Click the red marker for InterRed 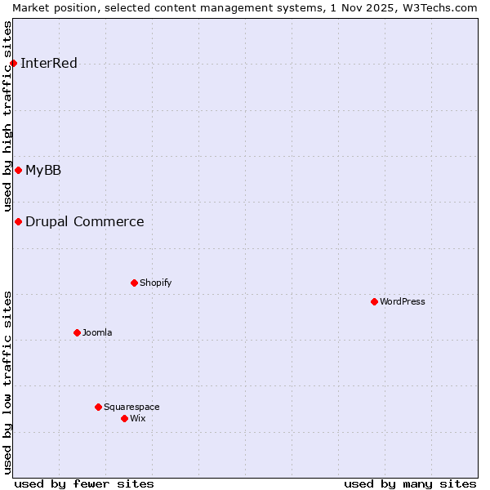(x=13, y=63)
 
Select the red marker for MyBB (x=18, y=170)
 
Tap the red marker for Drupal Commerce (x=18, y=221)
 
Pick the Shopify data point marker (x=134, y=283)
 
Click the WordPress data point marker (x=374, y=301)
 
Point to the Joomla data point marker (x=77, y=332)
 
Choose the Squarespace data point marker (x=98, y=407)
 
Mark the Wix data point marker (x=124, y=418)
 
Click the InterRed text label (x=49, y=64)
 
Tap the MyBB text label (x=43, y=171)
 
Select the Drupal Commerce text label (x=85, y=222)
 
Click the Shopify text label (x=155, y=283)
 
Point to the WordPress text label (x=403, y=302)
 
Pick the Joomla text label (x=97, y=333)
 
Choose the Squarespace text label (x=131, y=408)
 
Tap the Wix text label (x=138, y=419)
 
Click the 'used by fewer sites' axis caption (x=84, y=483)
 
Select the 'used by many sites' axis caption (x=410, y=483)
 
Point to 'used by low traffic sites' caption (x=8, y=382)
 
